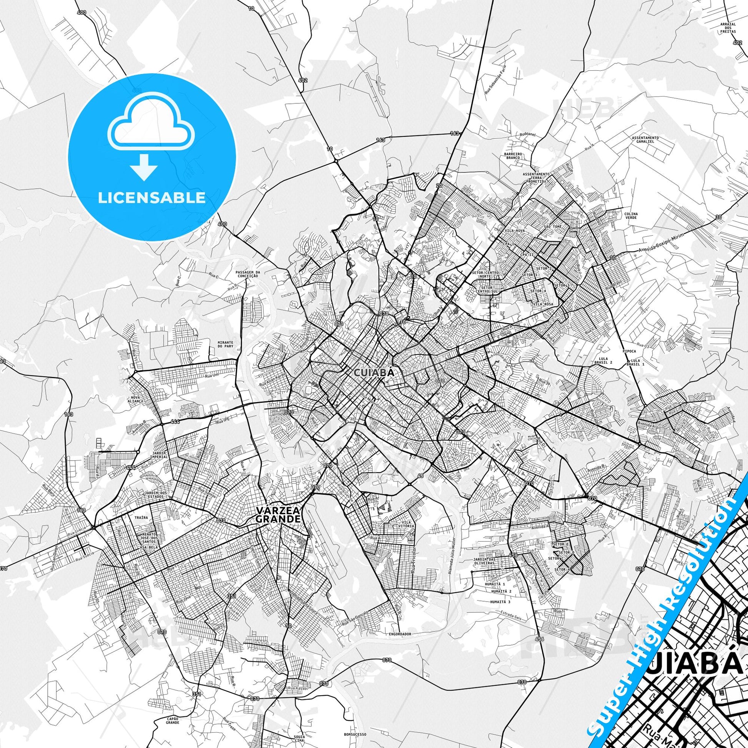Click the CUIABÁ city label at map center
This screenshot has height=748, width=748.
click(x=374, y=372)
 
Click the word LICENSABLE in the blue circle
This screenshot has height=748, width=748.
click(x=152, y=198)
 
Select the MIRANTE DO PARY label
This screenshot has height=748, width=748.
click(x=225, y=344)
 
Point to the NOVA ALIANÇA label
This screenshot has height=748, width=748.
click(x=138, y=388)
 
